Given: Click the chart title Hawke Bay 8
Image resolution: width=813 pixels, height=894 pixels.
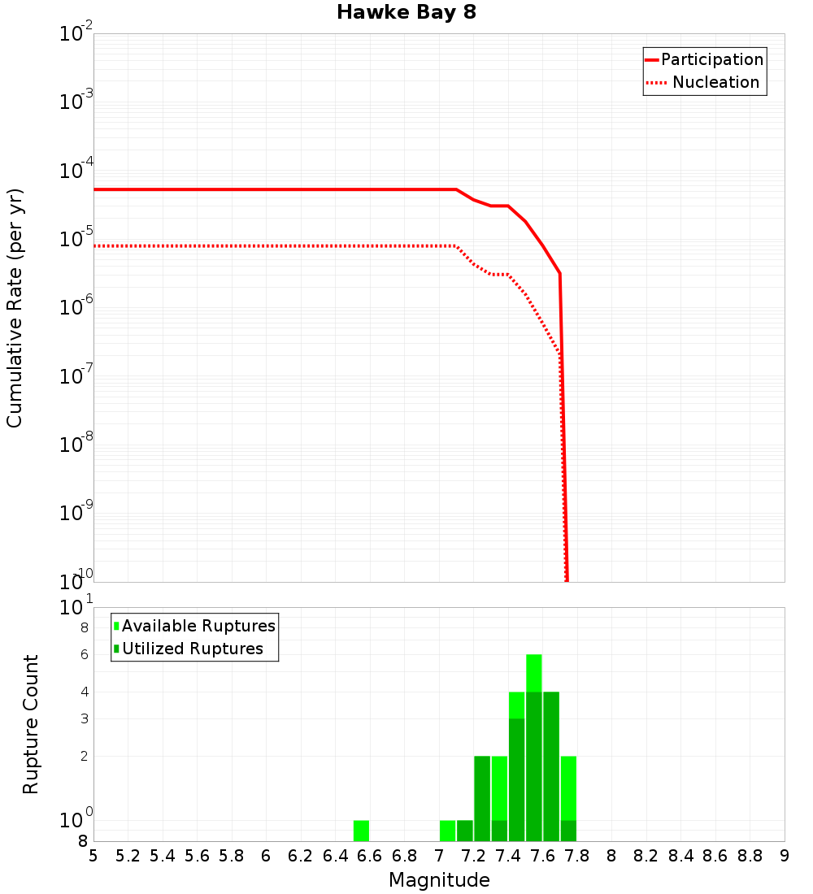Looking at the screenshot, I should (406, 13).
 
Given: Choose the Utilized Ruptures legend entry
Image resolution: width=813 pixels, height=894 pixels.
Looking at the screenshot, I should (192, 649).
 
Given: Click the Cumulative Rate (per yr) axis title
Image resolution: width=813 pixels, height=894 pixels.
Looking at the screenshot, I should (15, 307).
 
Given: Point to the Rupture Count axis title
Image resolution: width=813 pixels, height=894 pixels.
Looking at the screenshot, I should (31, 724).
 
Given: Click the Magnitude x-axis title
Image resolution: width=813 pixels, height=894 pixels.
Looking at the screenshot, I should (439, 880).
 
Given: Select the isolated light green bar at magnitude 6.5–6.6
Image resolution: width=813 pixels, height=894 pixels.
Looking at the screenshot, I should (361, 831).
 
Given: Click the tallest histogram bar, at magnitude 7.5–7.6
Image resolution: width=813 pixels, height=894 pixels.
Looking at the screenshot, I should (533, 748).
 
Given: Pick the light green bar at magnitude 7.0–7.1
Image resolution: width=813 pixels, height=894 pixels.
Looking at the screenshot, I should (447, 831).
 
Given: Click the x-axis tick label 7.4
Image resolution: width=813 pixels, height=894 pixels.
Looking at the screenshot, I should (508, 856).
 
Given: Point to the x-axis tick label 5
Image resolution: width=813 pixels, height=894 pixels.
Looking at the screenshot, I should (93, 856).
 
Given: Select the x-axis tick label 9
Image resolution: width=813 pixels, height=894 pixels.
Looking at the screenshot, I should (785, 856).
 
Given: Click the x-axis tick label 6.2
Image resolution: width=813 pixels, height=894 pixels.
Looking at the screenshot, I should (301, 856).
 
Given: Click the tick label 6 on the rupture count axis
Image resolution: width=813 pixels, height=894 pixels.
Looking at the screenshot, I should (84, 655).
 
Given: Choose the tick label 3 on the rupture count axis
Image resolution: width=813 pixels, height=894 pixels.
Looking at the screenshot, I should (84, 719).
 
